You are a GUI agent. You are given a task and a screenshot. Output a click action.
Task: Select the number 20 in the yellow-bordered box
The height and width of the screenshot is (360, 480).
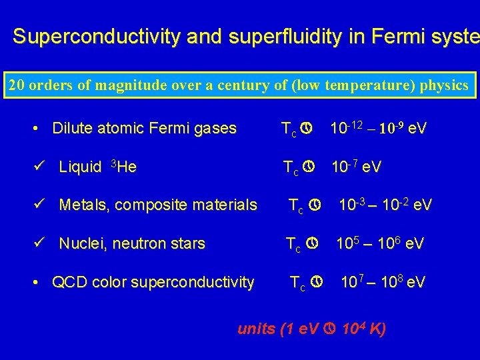[x=15, y=85]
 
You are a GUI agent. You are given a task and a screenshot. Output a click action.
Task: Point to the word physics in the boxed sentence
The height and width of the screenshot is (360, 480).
[x=444, y=85]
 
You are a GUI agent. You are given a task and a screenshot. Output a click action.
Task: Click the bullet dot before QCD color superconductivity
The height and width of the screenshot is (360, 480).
[x=41, y=283]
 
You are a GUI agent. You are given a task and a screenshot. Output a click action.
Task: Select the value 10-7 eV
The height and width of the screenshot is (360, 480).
[x=357, y=167]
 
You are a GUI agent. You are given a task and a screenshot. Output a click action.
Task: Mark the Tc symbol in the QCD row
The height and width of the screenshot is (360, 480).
[x=298, y=283]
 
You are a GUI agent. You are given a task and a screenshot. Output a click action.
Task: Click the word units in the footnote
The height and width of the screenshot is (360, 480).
[x=256, y=329]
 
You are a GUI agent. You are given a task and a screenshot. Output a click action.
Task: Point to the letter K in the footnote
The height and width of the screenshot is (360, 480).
[x=377, y=329]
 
